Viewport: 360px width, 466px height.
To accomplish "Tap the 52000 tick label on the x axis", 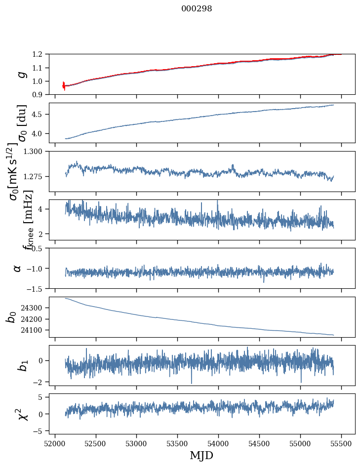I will [55, 443].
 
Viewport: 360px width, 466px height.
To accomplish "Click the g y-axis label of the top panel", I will [21, 75].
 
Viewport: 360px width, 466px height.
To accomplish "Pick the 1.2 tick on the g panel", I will [40, 54].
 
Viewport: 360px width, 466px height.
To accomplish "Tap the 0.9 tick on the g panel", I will [40, 94].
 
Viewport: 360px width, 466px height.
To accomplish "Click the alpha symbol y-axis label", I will [18, 268].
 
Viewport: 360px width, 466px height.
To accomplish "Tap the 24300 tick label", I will [34, 308].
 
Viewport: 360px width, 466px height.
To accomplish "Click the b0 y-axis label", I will [11, 317].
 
